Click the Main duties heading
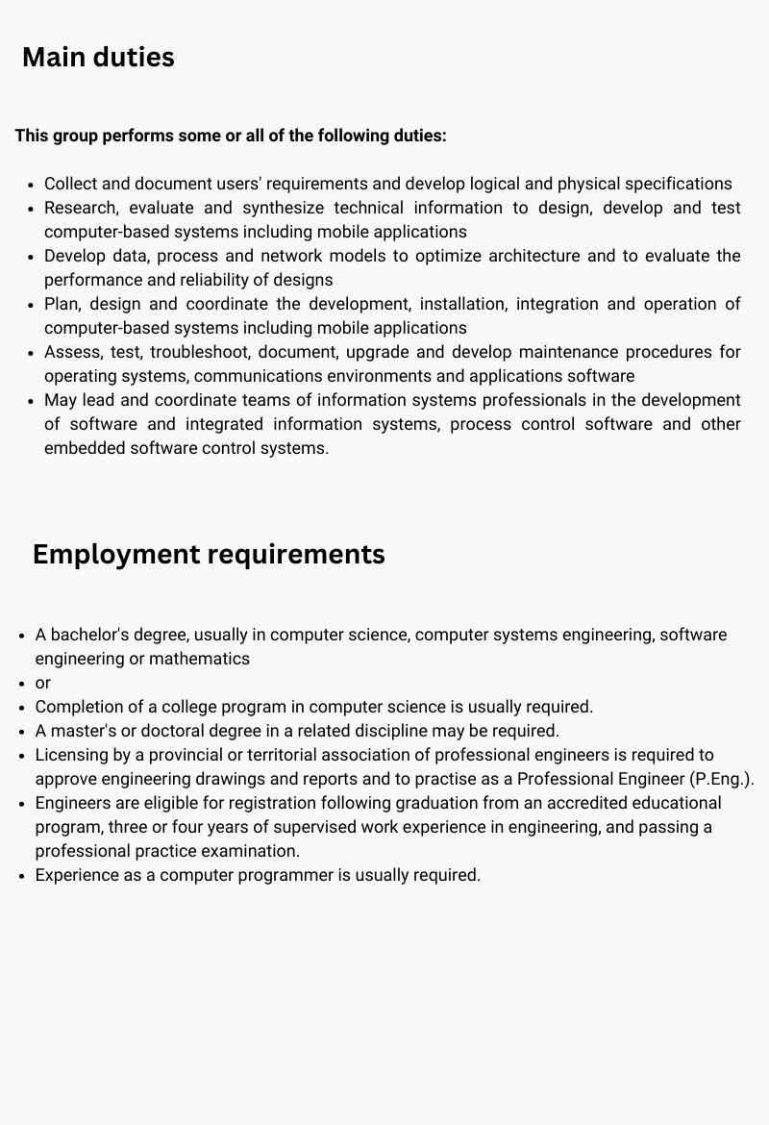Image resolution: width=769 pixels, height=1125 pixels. coord(98,58)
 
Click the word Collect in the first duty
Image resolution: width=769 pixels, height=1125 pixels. coord(71,184)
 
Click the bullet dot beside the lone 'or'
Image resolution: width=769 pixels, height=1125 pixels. coord(22,683)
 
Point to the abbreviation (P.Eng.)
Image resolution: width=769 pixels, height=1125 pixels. coord(722,779)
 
